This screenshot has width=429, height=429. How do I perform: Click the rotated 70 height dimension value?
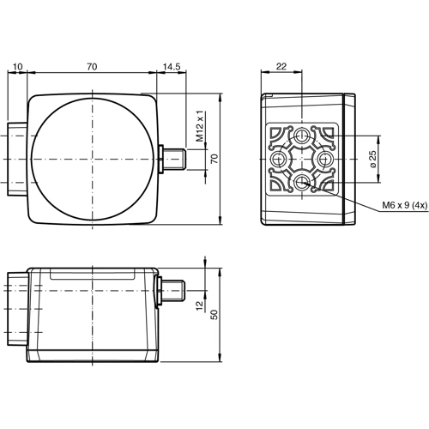pyautogui.click(x=215, y=158)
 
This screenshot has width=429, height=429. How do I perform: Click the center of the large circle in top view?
pyautogui.click(x=90, y=160)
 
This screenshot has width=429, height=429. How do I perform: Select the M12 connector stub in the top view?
pyautogui.click(x=174, y=159)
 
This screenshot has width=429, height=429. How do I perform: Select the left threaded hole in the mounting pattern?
pyautogui.click(x=280, y=160)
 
